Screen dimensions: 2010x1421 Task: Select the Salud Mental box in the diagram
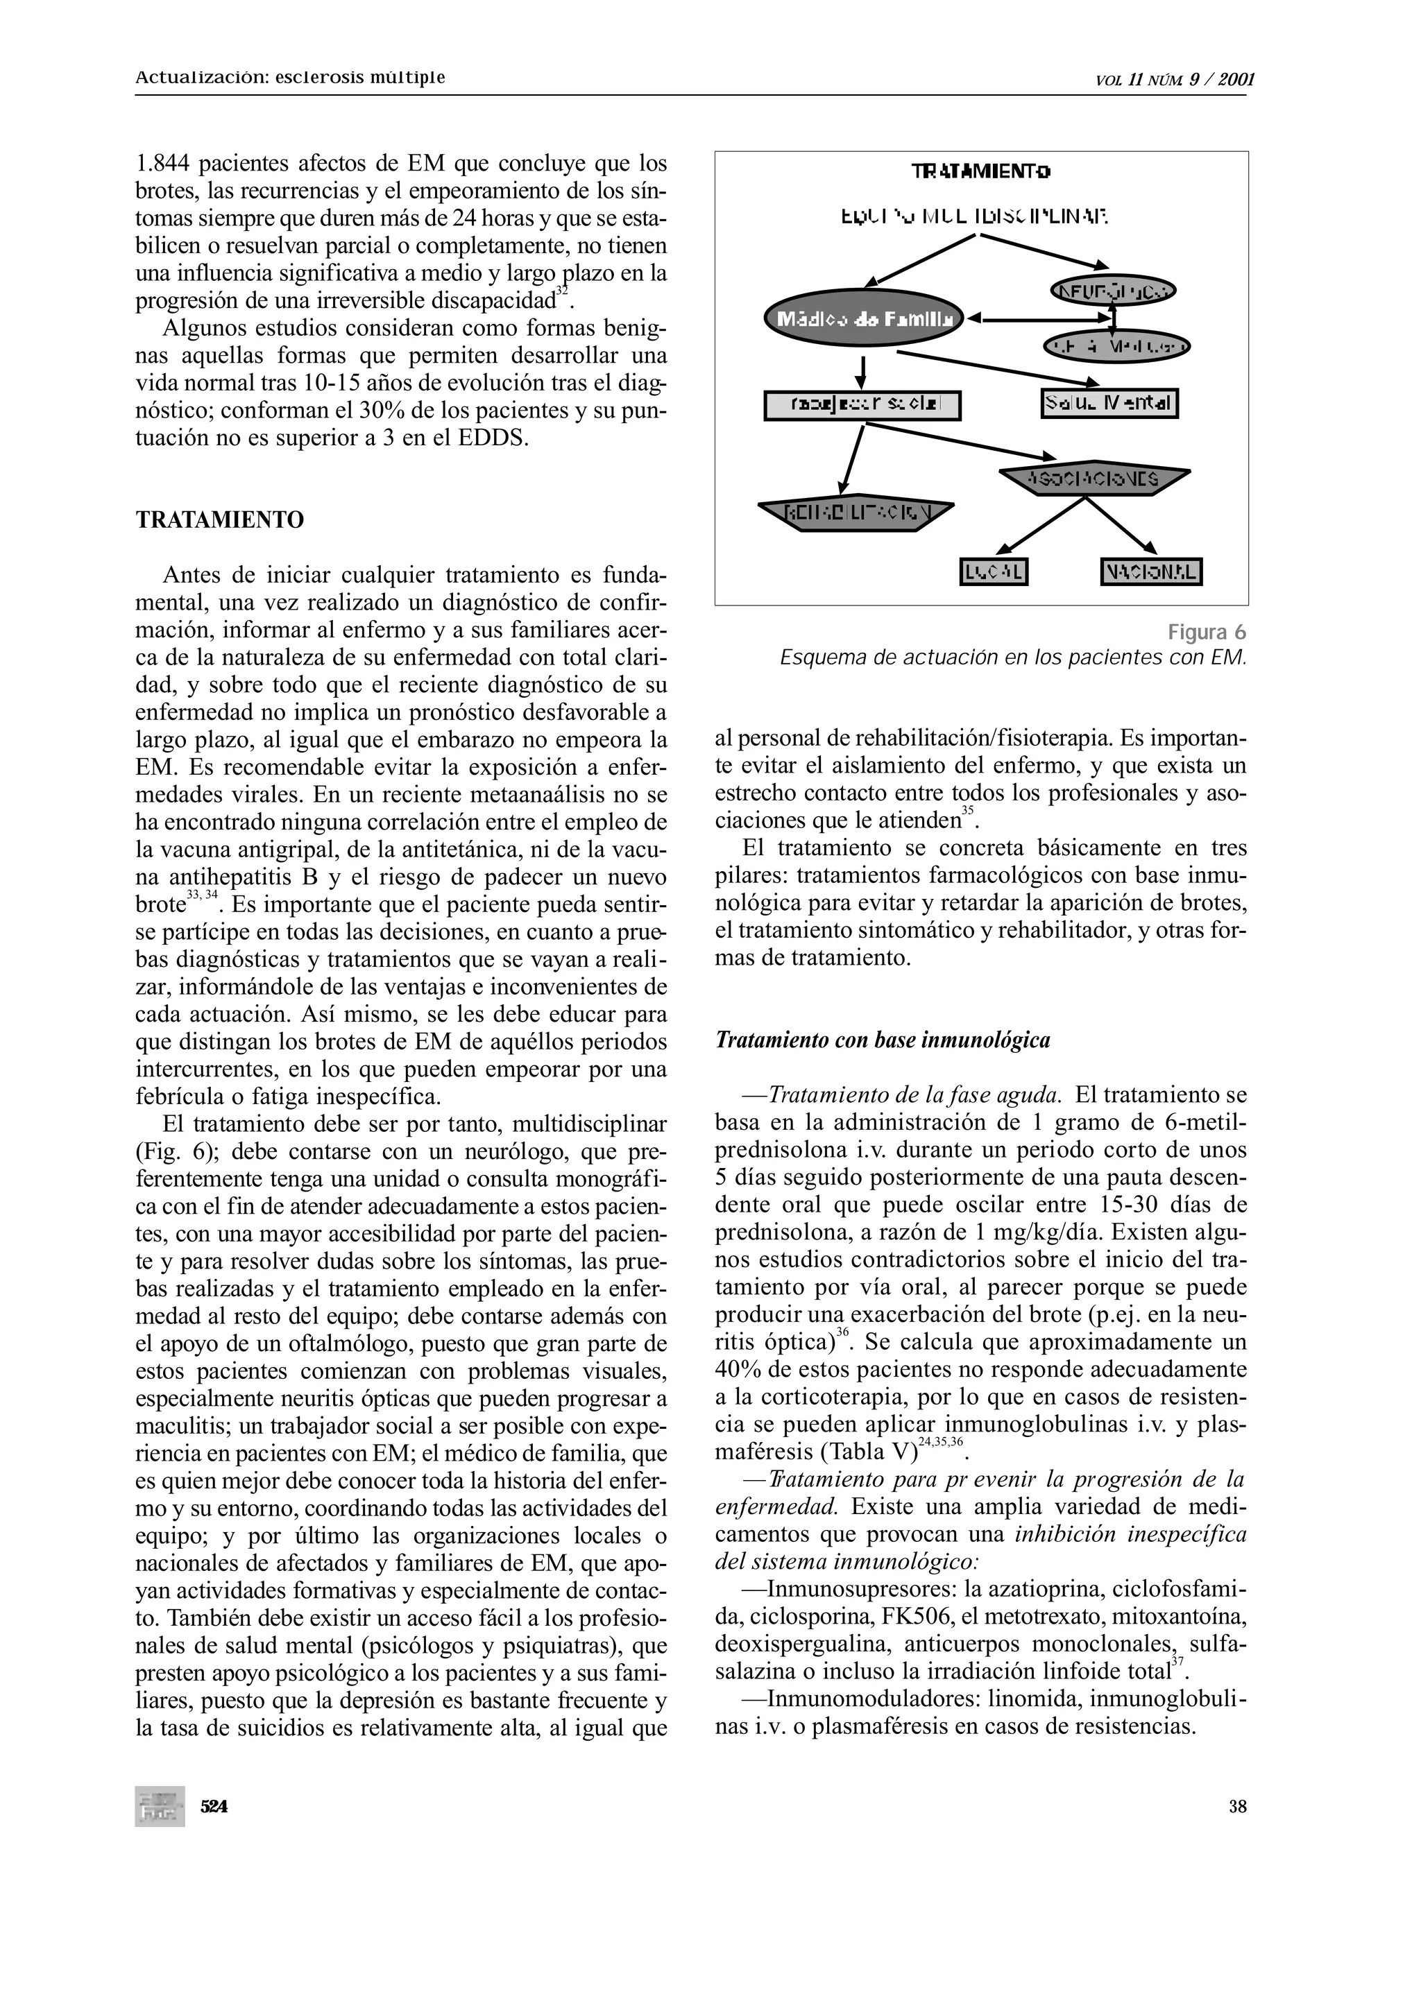pos(1109,404)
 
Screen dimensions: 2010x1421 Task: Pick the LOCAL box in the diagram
pos(994,572)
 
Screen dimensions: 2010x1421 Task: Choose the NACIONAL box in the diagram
pos(1151,572)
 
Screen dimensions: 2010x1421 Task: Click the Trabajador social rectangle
pos(862,405)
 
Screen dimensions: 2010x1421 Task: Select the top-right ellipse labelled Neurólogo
pos(1112,290)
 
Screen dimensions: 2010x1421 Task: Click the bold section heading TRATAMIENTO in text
pos(220,520)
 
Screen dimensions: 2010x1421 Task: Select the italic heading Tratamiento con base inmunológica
pos(883,1040)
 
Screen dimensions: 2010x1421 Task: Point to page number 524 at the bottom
pos(214,1806)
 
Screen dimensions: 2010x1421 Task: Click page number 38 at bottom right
pos(1237,1806)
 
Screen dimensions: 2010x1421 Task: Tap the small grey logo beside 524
pos(160,1806)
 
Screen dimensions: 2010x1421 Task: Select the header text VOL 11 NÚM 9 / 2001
pos(1175,80)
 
